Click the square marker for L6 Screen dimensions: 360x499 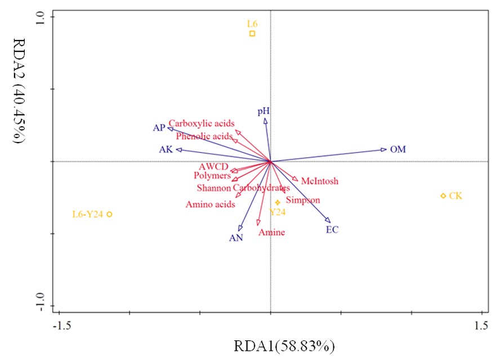(252, 33)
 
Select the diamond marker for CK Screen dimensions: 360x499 (443, 195)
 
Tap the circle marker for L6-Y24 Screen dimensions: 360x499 (110, 214)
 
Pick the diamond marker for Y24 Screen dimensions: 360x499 (278, 202)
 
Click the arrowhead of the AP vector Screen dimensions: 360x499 (170, 129)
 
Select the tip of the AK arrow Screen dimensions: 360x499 (178, 149)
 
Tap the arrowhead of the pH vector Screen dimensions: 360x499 (265, 120)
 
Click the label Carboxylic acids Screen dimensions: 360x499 (202, 123)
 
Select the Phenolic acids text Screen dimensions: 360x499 (204, 136)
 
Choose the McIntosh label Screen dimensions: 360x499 (319, 181)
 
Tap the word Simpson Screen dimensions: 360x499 (303, 200)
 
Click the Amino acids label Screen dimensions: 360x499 (210, 205)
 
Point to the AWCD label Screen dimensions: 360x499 (213, 167)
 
